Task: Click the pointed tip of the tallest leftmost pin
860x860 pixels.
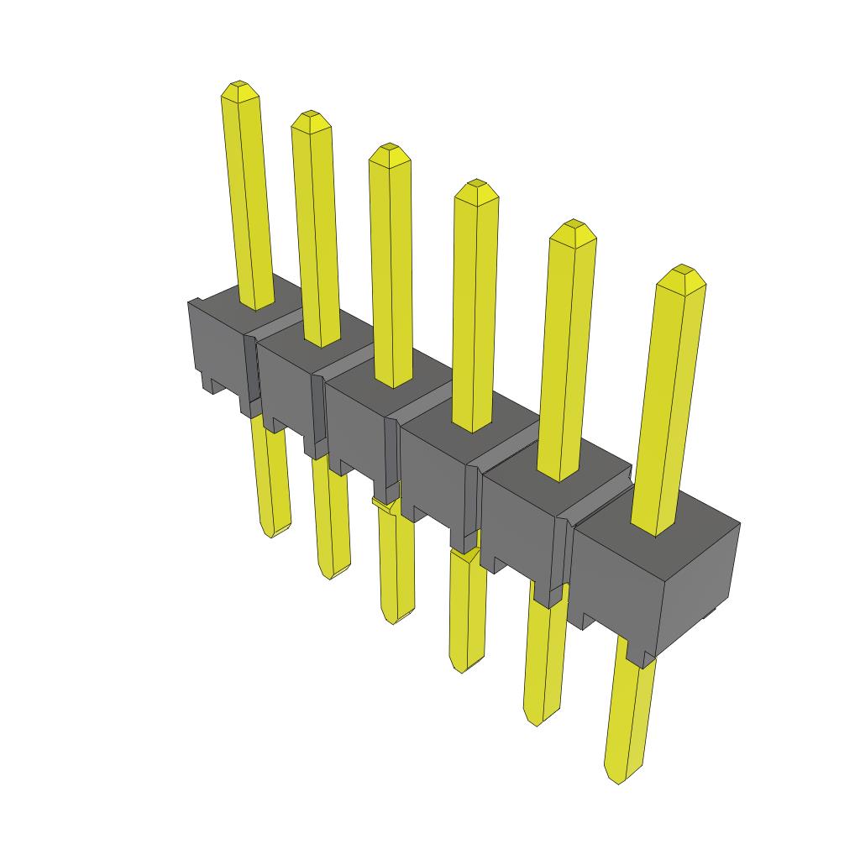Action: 239,86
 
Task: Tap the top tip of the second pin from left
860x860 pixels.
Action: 310,114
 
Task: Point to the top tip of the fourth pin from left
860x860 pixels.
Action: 476,183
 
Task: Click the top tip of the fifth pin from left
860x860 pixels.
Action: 573,224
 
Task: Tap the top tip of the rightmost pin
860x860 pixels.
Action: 681,270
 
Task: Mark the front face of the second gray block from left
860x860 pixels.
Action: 286,382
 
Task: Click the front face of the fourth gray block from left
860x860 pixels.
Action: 433,470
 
